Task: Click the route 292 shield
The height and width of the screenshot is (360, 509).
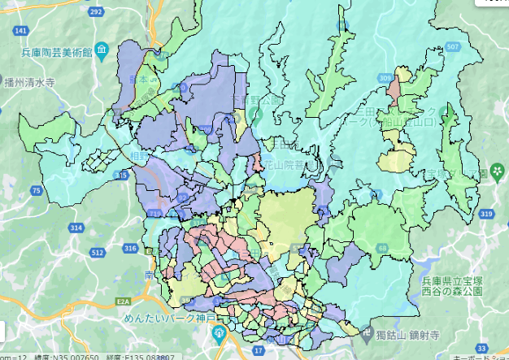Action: click(97, 11)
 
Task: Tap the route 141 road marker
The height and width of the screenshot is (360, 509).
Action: click(21, 31)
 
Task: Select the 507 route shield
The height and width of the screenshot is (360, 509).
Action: click(453, 47)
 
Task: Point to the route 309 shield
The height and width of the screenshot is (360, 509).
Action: click(385, 77)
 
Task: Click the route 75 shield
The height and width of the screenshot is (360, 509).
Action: click(36, 191)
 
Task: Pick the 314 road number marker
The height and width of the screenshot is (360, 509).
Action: click(76, 229)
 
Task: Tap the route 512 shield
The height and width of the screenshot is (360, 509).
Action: click(98, 252)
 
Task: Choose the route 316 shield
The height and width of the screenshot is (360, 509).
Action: click(130, 247)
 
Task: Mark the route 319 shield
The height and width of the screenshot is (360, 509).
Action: click(486, 214)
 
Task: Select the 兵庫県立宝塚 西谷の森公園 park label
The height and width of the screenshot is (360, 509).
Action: click(465, 284)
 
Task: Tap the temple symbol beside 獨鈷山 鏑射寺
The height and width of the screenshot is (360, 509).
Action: click(362, 333)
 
